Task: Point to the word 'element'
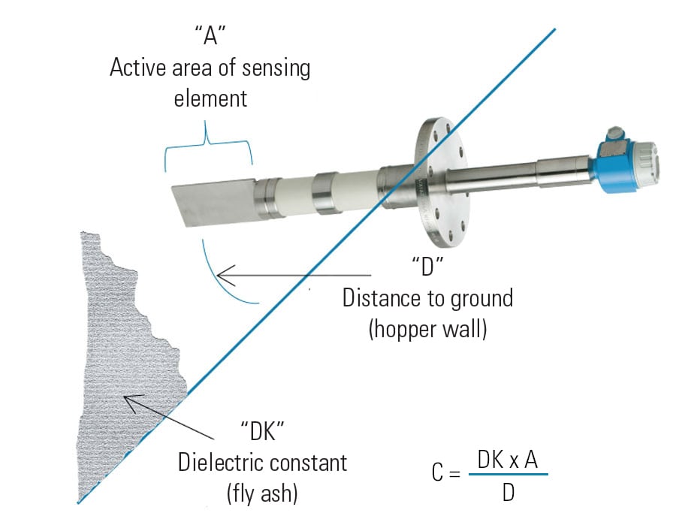point(210,98)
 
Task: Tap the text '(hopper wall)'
point(427,329)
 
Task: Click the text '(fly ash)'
point(262,493)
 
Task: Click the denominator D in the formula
point(508,493)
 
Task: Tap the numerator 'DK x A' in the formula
point(508,460)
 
